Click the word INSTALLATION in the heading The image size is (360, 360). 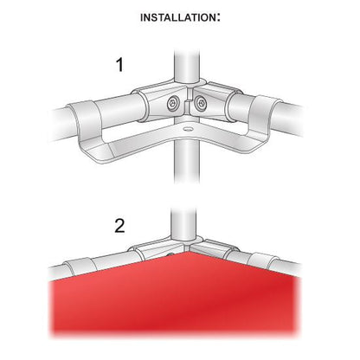coord(177,17)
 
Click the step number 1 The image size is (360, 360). coord(119,65)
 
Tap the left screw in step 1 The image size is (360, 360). coord(173,102)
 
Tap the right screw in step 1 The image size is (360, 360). coord(200,102)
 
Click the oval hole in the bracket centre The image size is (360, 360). coord(187,127)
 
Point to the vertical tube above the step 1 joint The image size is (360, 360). coord(187,67)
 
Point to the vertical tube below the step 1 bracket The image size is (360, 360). coord(187,162)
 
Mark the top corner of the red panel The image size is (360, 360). coord(188,252)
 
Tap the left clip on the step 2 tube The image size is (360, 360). coord(80,266)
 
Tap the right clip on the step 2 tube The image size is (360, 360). coord(263,259)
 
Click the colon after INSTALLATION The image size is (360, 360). coord(218,18)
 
